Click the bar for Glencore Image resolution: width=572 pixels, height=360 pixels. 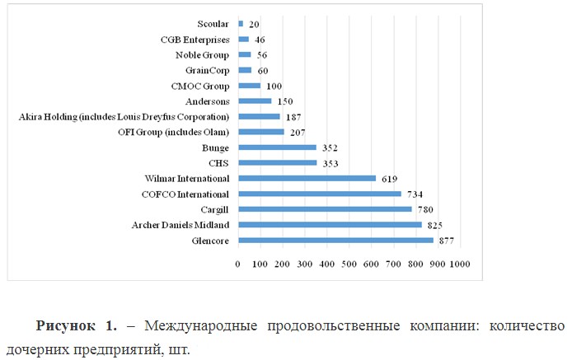pyautogui.click(x=335, y=241)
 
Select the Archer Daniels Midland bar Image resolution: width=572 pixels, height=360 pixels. pyautogui.click(x=330, y=225)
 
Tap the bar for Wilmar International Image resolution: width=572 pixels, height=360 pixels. pyautogui.click(x=307, y=178)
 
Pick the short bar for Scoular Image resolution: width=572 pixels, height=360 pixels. pyautogui.click(x=241, y=24)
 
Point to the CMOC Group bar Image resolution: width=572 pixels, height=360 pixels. pyautogui.click(x=249, y=86)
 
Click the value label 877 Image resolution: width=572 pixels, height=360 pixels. pyautogui.click(x=446, y=241)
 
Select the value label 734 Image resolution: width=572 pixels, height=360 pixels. pyautogui.click(x=414, y=194)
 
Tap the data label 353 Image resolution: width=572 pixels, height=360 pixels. pyautogui.click(x=329, y=163)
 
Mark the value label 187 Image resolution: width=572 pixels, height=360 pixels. pyautogui.click(x=293, y=117)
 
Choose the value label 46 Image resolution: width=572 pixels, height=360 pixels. pyautogui.click(x=260, y=40)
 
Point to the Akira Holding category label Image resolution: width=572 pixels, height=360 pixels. pyautogui.click(x=124, y=117)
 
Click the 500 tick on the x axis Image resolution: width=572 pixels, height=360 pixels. pyautogui.click(x=349, y=264)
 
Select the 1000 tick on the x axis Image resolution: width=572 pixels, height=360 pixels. pyautogui.click(x=459, y=264)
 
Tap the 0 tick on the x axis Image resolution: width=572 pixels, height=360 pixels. pyautogui.click(x=238, y=264)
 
